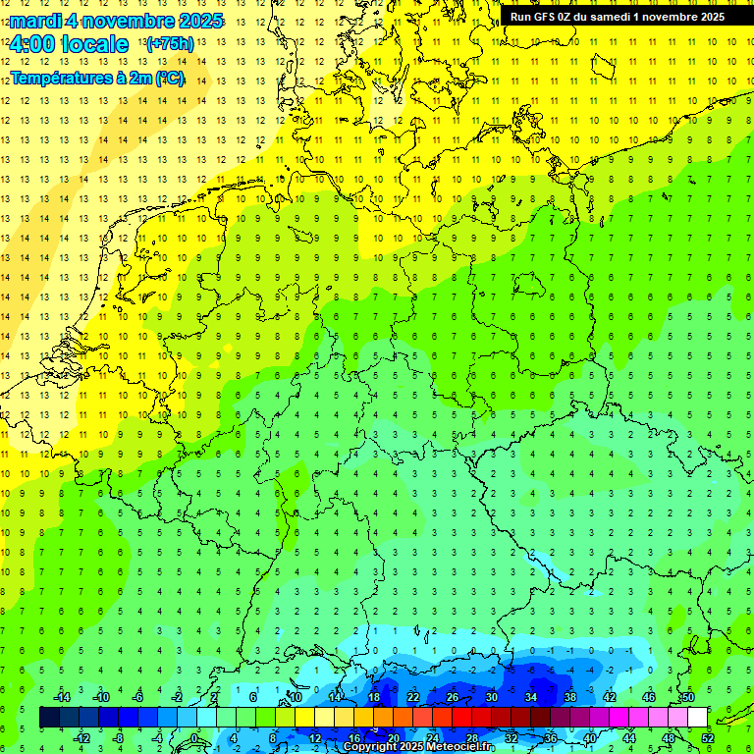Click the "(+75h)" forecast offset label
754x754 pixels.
tap(170, 44)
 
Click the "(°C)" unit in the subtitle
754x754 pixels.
tap(169, 78)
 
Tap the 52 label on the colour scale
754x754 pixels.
tap(708, 738)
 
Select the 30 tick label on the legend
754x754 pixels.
tap(491, 697)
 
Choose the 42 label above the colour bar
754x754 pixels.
tap(609, 697)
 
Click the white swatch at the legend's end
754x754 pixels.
tap(697, 718)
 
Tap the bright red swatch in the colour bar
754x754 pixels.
tap(461, 718)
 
